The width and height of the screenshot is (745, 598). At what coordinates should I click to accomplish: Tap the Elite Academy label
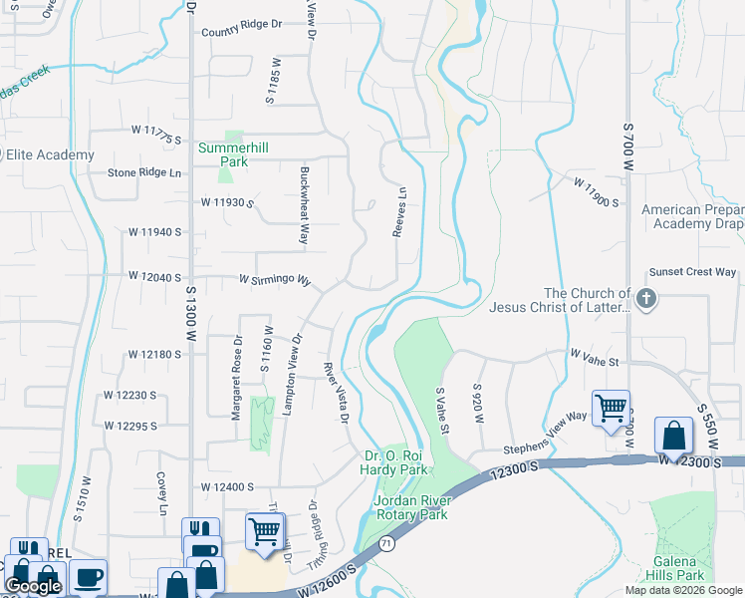50,154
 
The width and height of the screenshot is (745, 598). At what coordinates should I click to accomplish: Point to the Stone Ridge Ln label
145,172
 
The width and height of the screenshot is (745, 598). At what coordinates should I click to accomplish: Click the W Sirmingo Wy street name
275,280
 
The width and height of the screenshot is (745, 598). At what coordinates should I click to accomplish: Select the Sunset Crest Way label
692,272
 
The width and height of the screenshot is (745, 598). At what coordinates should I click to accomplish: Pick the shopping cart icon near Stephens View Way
610,407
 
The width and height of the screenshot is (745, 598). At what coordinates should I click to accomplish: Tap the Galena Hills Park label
675,568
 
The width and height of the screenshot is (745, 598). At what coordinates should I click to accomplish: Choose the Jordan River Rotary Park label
410,507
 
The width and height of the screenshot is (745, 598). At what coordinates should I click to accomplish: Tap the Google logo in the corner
33,587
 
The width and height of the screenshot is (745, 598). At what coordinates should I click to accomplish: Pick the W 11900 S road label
596,193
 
